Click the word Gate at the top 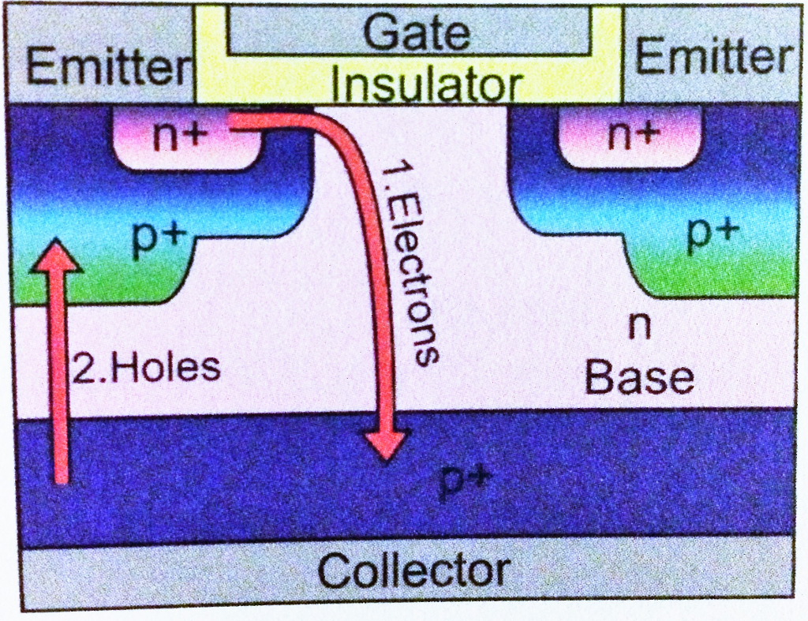[x=417, y=33]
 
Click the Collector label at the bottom [x=413, y=570]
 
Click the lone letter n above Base [x=638, y=327]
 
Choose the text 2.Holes [x=147, y=368]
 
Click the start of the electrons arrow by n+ [x=237, y=121]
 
